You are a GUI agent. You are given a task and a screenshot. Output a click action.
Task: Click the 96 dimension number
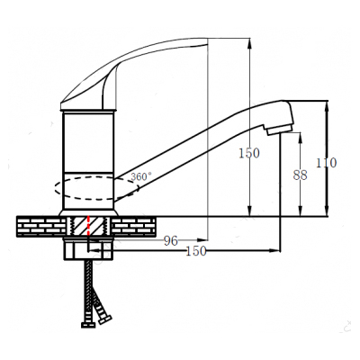click(x=171, y=240)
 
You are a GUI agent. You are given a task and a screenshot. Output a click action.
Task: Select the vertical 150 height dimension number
click(x=248, y=153)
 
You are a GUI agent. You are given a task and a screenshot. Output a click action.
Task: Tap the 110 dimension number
click(x=327, y=163)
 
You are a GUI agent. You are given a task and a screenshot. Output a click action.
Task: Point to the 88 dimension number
click(x=301, y=175)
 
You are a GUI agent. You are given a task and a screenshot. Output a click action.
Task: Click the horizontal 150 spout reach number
click(x=196, y=251)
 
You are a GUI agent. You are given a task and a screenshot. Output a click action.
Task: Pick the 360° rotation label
click(x=141, y=176)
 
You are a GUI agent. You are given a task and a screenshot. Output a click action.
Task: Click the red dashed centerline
click(x=88, y=226)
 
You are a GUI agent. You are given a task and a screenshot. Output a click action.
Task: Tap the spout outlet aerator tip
click(x=278, y=129)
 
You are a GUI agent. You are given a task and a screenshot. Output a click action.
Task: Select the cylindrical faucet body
click(x=88, y=160)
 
